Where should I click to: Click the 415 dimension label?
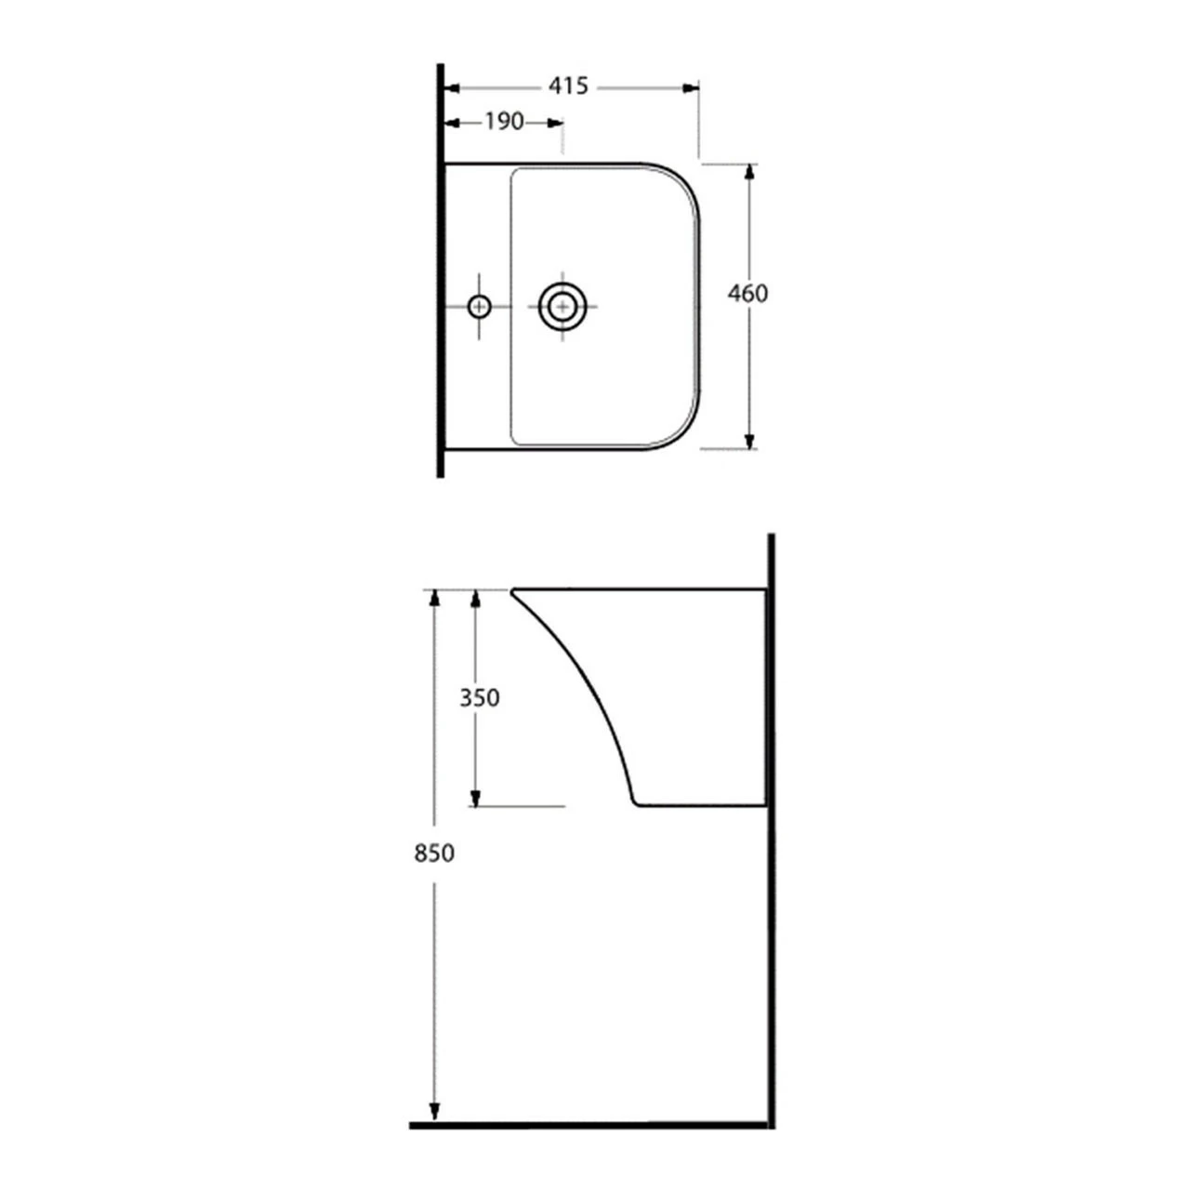click(567, 86)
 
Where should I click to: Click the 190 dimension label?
click(504, 122)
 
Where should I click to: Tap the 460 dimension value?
click(747, 294)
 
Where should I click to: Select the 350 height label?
click(480, 697)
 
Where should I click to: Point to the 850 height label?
click(433, 852)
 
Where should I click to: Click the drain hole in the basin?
click(563, 305)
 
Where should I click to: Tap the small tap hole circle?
click(480, 305)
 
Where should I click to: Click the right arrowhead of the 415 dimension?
click(691, 87)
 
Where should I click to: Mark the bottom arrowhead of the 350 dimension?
click(475, 799)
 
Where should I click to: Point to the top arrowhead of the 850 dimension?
click(433, 597)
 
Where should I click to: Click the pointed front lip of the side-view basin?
click(514, 590)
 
